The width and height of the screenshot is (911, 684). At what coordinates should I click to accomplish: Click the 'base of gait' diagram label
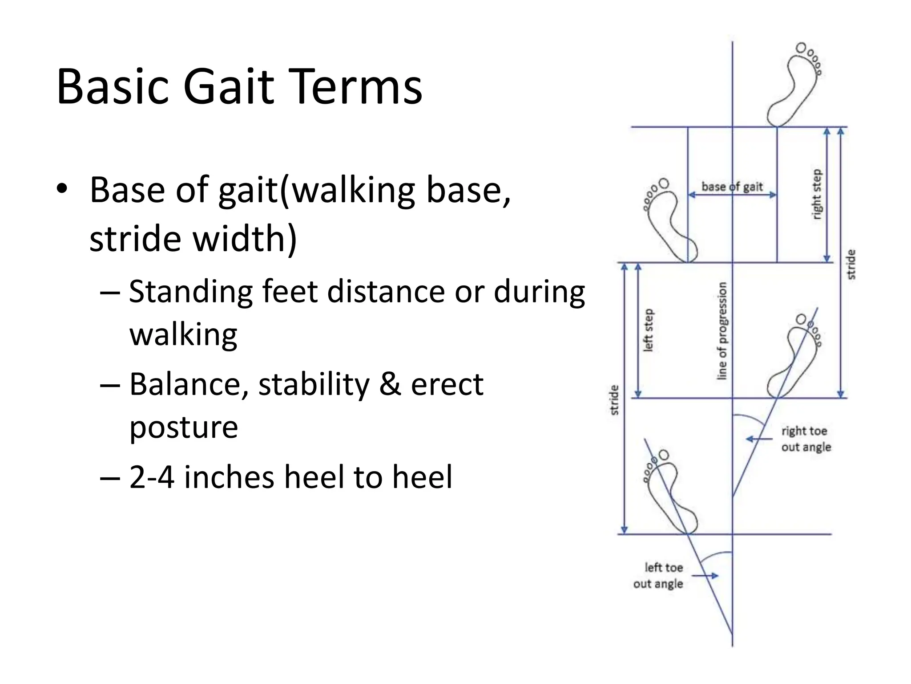click(732, 187)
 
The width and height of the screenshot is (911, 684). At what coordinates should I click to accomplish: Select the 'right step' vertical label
click(817, 194)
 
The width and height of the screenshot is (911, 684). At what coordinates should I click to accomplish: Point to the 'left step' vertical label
click(648, 330)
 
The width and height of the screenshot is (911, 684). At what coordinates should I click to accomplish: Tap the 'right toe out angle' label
click(806, 439)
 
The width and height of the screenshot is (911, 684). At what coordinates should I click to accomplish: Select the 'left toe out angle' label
click(658, 575)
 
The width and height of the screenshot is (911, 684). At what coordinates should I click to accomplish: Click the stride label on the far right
click(851, 265)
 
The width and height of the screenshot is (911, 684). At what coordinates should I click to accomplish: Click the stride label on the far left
click(614, 400)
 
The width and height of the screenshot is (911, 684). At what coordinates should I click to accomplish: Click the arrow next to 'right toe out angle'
click(759, 439)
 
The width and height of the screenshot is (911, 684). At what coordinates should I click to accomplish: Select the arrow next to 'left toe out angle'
click(705, 576)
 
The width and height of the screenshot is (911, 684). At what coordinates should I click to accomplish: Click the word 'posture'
click(183, 427)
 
